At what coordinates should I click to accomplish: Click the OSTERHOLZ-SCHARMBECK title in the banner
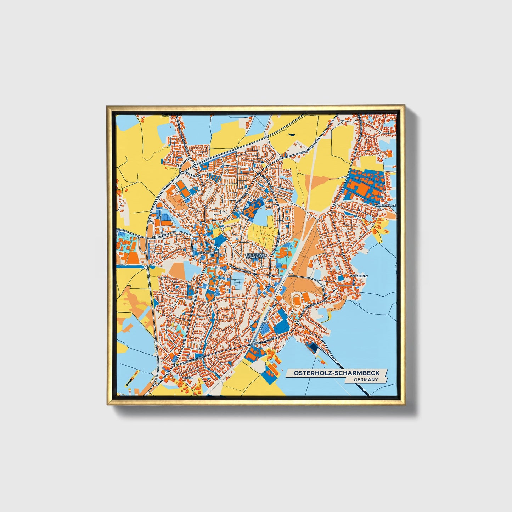point(336,373)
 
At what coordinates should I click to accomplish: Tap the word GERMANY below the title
point(365,379)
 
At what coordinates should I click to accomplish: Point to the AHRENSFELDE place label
point(385,205)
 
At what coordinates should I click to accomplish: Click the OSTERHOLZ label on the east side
point(359,275)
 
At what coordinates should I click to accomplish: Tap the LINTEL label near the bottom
point(187,378)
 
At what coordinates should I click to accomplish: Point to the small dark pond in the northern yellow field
point(292,134)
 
